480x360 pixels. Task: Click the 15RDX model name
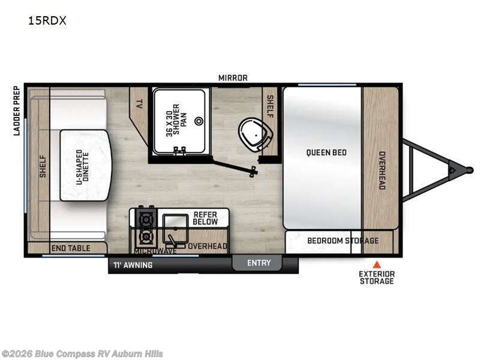coord(46,20)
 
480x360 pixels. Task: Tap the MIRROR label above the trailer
coord(233,78)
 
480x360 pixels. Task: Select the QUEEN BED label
coord(326,152)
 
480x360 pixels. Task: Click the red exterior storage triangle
coord(377,264)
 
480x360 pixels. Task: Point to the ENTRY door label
coord(259,263)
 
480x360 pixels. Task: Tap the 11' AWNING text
coord(133,265)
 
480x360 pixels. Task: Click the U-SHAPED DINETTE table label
coord(85,165)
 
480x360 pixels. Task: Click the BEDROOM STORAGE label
coord(343,241)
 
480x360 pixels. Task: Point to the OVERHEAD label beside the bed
coord(381,170)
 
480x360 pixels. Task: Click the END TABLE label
coord(71,248)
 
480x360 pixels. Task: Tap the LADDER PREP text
coord(18,110)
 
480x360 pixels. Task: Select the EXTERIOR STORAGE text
coord(377,277)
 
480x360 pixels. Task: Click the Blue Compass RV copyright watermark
coord(82,354)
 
